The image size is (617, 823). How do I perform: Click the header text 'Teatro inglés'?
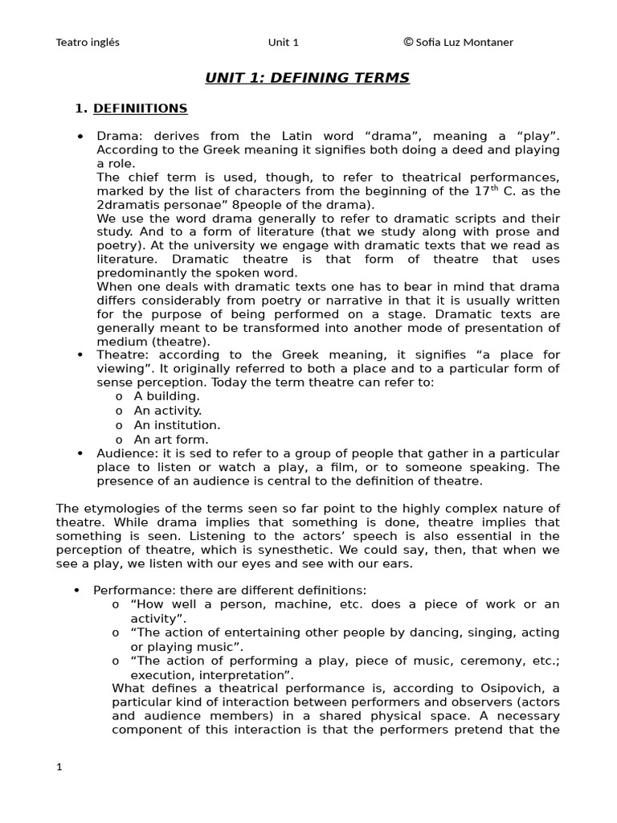coord(88,42)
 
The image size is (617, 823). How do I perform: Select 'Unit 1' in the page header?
coord(283,42)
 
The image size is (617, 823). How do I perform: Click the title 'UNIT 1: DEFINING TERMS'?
coord(308,78)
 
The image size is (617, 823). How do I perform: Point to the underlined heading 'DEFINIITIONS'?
coord(140,108)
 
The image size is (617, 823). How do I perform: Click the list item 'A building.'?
coord(166,396)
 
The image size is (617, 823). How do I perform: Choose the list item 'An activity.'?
coord(168,411)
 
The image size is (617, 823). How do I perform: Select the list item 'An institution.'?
coord(177,425)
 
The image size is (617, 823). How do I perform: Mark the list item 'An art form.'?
coord(171,440)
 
